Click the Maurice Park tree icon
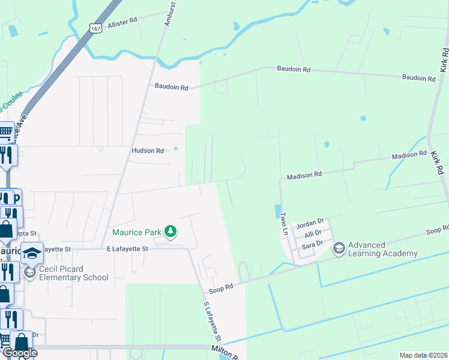coord(170,231)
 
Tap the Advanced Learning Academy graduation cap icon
coord(339,248)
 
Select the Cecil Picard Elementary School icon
coord(30,273)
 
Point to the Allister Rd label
coord(122,23)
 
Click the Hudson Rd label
coord(148,151)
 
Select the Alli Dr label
coord(313,233)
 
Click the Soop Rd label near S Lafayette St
coord(220,289)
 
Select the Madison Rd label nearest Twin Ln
coord(304,175)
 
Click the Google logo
coord(19,353)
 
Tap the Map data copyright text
coord(423,355)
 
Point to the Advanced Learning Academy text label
coord(383,249)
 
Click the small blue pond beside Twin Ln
coord(277,212)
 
